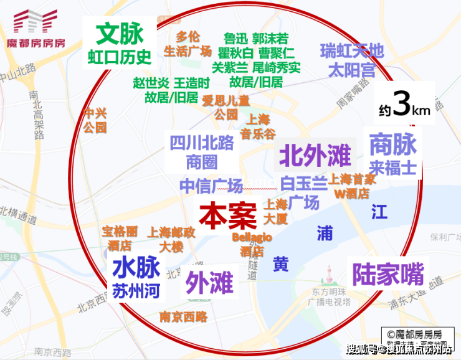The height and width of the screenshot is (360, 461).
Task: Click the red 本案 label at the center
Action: (228, 215)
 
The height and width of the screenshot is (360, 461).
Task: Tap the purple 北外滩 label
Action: (315, 155)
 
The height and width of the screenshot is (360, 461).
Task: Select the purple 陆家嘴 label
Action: (387, 273)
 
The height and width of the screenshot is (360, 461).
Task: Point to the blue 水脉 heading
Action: (136, 268)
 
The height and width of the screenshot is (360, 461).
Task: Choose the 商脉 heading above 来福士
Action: (392, 144)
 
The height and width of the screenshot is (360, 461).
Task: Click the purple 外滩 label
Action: (209, 282)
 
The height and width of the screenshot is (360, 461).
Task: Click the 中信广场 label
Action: (211, 186)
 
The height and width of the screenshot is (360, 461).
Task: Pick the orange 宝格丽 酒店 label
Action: (120, 238)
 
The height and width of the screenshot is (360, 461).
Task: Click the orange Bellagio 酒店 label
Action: (252, 245)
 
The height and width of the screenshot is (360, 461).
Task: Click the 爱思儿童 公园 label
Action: (226, 107)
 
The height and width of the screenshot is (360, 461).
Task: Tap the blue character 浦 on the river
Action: (324, 232)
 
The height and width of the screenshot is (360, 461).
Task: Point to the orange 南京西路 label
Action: (183, 316)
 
